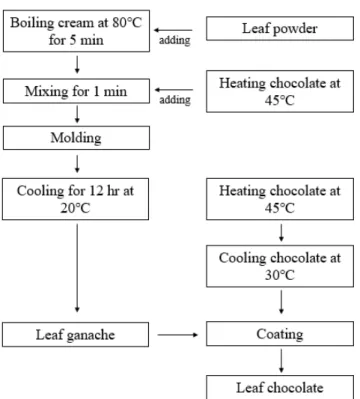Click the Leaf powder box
click(x=280, y=28)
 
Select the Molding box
click(x=76, y=138)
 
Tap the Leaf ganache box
click(x=75, y=335)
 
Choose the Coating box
click(x=280, y=334)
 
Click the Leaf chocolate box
click(x=280, y=387)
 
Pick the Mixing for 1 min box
click(x=76, y=91)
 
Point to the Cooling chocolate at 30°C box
click(x=280, y=266)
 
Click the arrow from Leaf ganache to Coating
click(x=178, y=335)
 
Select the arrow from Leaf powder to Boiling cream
click(x=173, y=30)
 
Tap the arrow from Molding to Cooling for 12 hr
click(x=77, y=164)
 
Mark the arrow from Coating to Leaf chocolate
click(x=281, y=361)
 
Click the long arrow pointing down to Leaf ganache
click(x=77, y=268)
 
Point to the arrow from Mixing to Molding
click(x=77, y=115)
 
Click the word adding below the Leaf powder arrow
click(x=175, y=40)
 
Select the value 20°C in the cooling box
click(x=75, y=208)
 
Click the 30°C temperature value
click(x=280, y=275)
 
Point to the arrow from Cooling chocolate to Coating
click(x=281, y=302)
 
